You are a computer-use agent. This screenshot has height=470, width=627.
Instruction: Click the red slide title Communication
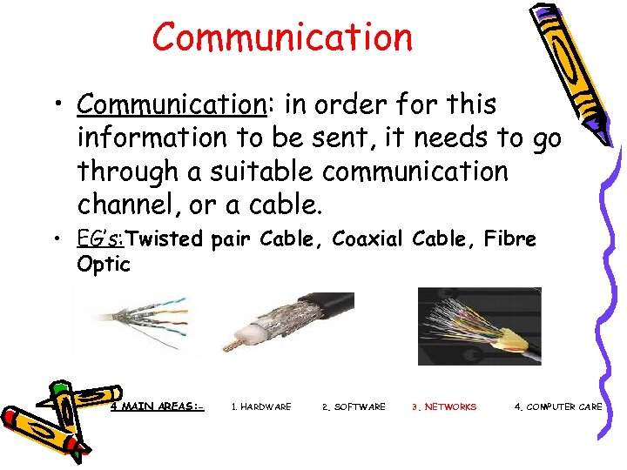[x=282, y=37]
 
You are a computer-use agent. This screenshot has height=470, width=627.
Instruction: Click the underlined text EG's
[x=100, y=238]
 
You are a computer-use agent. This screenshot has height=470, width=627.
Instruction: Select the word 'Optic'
[x=103, y=264]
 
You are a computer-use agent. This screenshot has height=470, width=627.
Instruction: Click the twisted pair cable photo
[x=138, y=322]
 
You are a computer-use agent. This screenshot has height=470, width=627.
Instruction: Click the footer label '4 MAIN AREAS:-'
[x=157, y=406]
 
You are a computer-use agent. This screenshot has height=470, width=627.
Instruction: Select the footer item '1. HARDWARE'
[x=260, y=406]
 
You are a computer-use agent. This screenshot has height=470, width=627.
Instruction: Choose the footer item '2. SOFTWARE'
[x=354, y=406]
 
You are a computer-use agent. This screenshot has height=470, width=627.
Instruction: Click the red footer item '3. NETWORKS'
[x=444, y=406]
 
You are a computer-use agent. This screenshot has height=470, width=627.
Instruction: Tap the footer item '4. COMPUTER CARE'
[x=558, y=406]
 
